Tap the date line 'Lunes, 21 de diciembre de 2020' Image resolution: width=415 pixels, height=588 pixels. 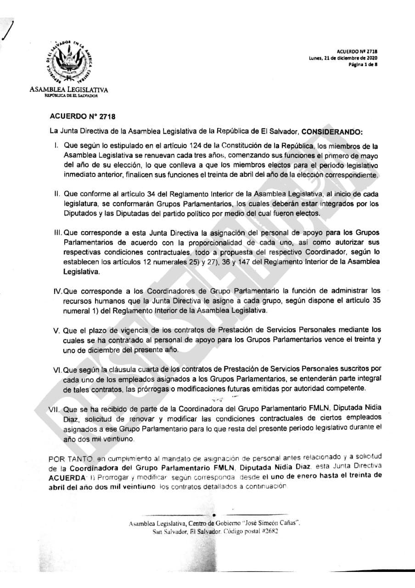point(343,58)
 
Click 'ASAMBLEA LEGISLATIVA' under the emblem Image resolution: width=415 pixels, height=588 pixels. point(69,89)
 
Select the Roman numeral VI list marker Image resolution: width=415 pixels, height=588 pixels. point(57,369)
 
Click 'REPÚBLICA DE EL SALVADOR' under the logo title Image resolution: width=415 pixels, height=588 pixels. point(69,95)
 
